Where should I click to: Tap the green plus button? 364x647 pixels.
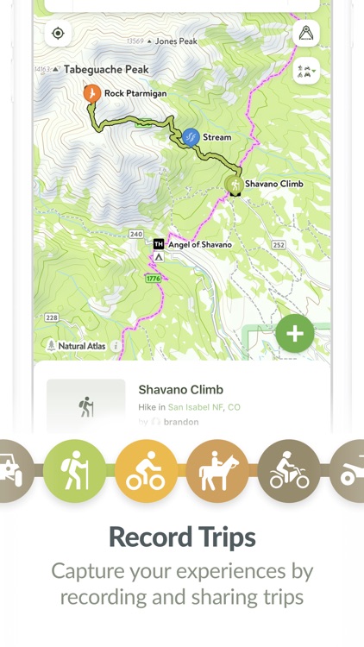pyautogui.click(x=295, y=334)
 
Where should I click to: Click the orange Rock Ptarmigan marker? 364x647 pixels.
pyautogui.click(x=91, y=93)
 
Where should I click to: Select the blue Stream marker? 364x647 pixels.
pyautogui.click(x=191, y=137)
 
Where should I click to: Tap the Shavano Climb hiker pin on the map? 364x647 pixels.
pyautogui.click(x=234, y=184)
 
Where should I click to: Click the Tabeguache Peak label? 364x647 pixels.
pyautogui.click(x=104, y=69)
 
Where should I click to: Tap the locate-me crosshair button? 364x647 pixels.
pyautogui.click(x=58, y=34)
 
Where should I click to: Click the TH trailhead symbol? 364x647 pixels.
pyautogui.click(x=159, y=244)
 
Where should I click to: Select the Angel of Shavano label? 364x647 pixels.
pyautogui.click(x=200, y=245)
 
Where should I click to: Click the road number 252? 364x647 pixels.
pyautogui.click(x=278, y=245)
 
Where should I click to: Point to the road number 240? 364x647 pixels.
pyautogui.click(x=135, y=234)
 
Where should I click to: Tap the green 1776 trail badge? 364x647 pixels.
pyautogui.click(x=153, y=279)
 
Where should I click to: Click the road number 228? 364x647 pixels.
pyautogui.click(x=52, y=317)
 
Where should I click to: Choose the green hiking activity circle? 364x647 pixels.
pyautogui.click(x=75, y=471)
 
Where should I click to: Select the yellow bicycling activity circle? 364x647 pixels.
pyautogui.click(x=146, y=471)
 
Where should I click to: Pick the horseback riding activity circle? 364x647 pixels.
pyautogui.click(x=217, y=471)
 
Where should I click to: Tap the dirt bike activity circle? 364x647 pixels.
pyautogui.click(x=288, y=471)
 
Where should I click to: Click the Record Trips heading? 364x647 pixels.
pyautogui.click(x=182, y=537)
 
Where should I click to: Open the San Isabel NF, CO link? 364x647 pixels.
pyautogui.click(x=204, y=407)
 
